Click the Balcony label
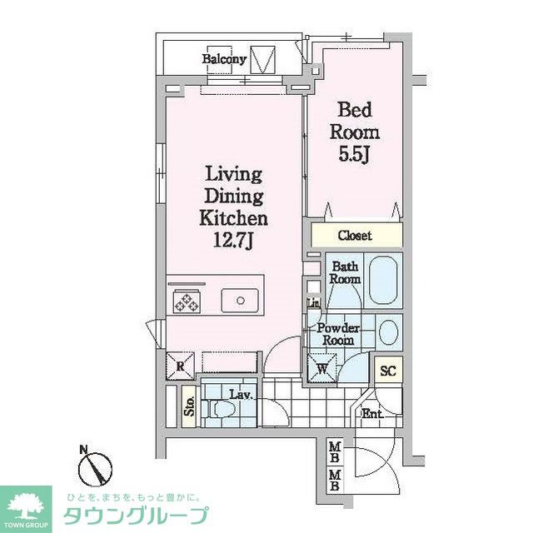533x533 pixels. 224,59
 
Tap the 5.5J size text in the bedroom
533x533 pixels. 354,155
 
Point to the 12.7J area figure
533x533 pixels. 233,241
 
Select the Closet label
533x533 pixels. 355,235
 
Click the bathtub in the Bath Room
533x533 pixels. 383,280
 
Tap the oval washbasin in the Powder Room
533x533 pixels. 389,332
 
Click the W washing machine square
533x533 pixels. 322,368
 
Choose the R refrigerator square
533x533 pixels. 180,366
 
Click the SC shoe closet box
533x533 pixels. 388,370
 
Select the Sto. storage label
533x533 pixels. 189,406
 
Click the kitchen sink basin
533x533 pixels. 240,301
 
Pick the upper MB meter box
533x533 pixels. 335,452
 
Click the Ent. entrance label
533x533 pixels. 372,413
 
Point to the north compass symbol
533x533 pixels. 95,469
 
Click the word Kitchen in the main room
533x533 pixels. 233,218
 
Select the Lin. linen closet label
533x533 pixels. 313,302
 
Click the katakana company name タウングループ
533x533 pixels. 136,516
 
